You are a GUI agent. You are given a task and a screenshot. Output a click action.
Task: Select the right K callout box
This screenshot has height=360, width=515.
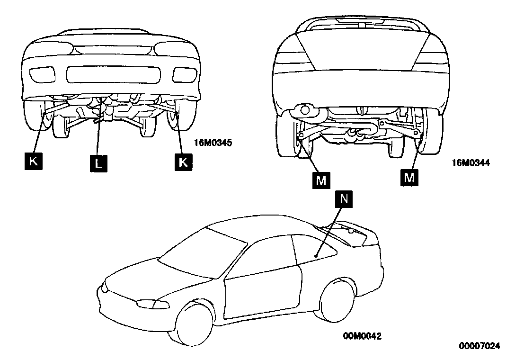[x=183, y=161]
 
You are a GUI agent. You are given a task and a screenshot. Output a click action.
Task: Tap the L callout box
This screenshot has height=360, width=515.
[x=98, y=164]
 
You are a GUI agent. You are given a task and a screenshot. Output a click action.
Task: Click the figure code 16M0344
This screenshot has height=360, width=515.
[x=471, y=162]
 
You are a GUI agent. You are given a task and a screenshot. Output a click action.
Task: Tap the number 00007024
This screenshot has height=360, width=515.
[x=479, y=346]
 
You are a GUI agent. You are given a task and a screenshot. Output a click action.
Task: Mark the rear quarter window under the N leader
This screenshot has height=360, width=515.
[x=312, y=247]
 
